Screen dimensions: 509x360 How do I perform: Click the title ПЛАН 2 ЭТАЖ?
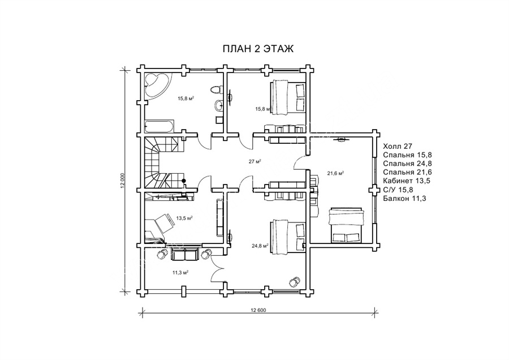[x=258, y=49]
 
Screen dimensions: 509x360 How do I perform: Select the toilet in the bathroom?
[x=216, y=89]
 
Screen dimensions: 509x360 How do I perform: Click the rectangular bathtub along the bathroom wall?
[x=159, y=126]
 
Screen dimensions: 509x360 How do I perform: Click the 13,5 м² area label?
[x=184, y=218]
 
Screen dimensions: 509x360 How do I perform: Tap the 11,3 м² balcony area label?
[x=181, y=272]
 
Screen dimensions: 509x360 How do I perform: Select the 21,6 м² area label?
[x=335, y=174]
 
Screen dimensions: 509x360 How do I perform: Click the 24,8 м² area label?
[x=260, y=246]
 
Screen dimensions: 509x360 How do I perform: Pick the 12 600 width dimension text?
[x=258, y=310]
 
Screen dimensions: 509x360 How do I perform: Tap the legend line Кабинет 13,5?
[x=407, y=181]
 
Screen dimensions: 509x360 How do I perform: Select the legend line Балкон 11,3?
[x=404, y=198]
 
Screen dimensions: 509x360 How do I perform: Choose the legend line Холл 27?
[x=398, y=146]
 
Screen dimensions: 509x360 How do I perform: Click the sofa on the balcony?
[x=184, y=254]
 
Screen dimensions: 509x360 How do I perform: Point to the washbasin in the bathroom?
[x=218, y=105]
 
